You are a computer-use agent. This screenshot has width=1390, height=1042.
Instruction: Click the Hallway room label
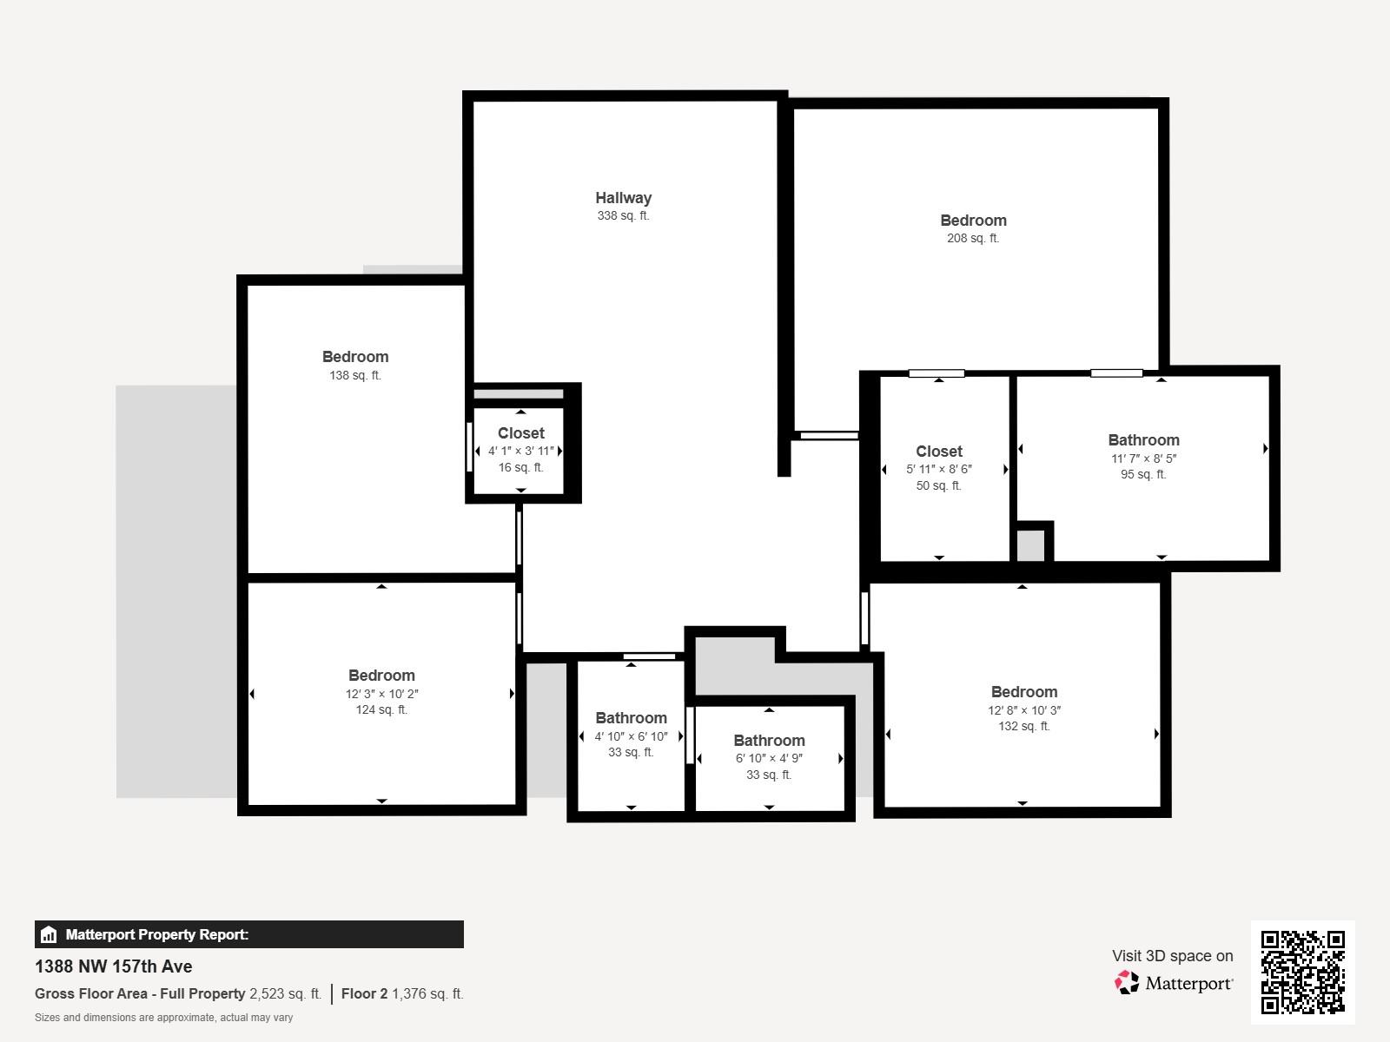[x=623, y=198]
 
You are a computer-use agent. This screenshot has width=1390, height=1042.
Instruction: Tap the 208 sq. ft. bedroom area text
[x=972, y=239]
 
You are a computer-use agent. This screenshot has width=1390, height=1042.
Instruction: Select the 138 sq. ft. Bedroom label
[x=354, y=357]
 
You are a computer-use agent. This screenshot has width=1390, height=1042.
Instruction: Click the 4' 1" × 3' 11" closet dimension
[x=520, y=451]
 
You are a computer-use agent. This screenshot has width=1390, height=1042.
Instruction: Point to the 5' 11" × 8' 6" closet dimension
[x=938, y=469]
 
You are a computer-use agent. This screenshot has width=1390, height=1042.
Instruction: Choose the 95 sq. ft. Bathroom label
[x=1143, y=440]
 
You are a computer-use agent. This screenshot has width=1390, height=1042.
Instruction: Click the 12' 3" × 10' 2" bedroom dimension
[x=381, y=694]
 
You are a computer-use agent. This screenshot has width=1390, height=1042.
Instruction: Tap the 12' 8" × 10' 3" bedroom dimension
[x=1023, y=710]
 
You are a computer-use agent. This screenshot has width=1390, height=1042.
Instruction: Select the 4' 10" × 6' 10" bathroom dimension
[x=631, y=736]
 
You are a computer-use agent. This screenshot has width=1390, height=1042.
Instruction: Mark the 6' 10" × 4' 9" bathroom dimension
[x=769, y=758]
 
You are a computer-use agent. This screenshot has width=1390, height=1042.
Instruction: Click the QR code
[x=1302, y=972]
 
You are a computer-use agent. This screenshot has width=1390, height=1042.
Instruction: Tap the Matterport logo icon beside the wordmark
[x=1127, y=983]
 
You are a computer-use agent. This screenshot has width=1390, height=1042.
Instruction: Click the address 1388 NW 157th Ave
[x=114, y=966]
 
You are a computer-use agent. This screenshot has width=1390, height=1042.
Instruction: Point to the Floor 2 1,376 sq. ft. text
[x=402, y=993]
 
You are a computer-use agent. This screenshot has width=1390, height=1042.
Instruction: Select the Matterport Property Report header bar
[x=248, y=934]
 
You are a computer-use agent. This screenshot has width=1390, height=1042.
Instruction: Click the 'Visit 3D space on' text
[x=1172, y=956]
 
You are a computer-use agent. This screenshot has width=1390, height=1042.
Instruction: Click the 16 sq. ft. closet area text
[x=520, y=468]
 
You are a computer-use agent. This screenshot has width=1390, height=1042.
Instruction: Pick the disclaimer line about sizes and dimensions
[x=163, y=1018]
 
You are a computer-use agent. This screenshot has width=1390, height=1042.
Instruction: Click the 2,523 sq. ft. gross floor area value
[x=285, y=993]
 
